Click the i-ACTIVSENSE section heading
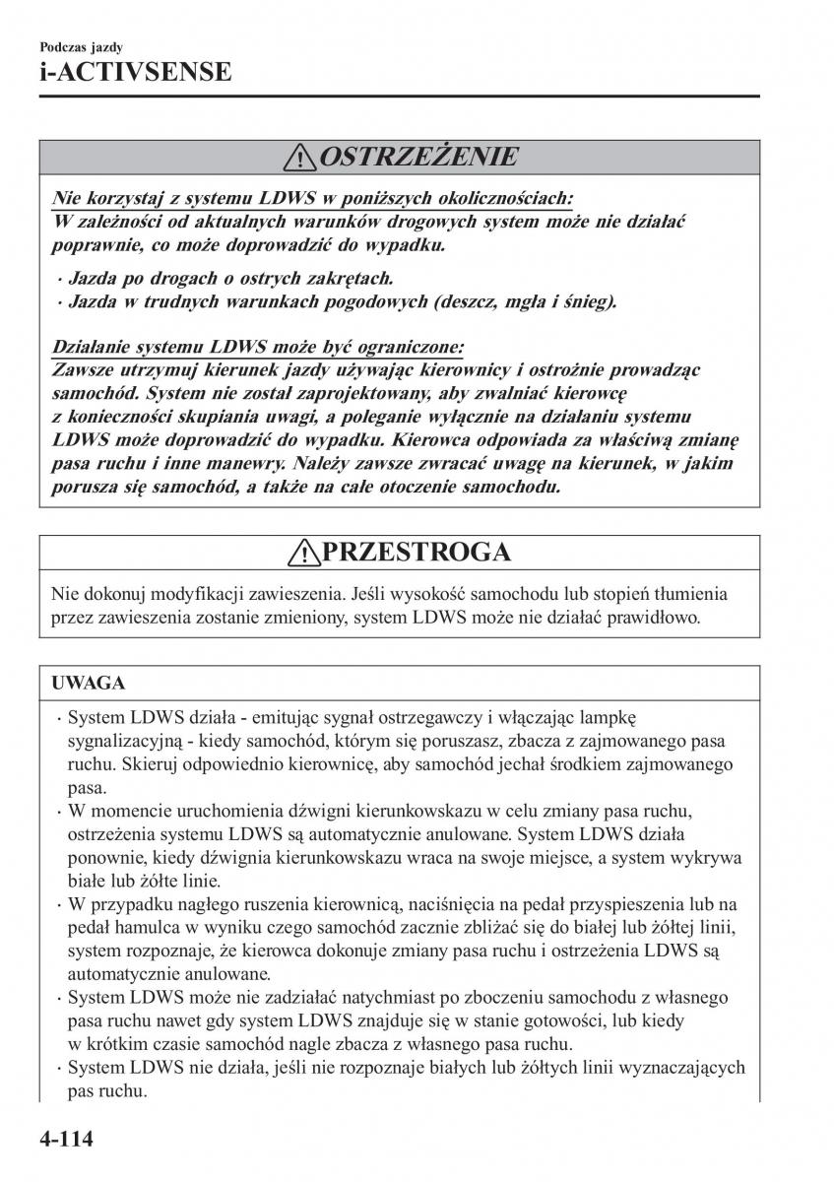click(x=136, y=72)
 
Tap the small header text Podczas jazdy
click(x=82, y=46)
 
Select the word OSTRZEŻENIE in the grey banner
click(x=417, y=157)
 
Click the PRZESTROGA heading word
click(x=416, y=553)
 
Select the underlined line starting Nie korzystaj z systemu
click(x=313, y=198)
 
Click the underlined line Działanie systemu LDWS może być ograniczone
click(x=258, y=348)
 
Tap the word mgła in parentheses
click(x=519, y=301)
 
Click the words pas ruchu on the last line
click(x=94, y=1092)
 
